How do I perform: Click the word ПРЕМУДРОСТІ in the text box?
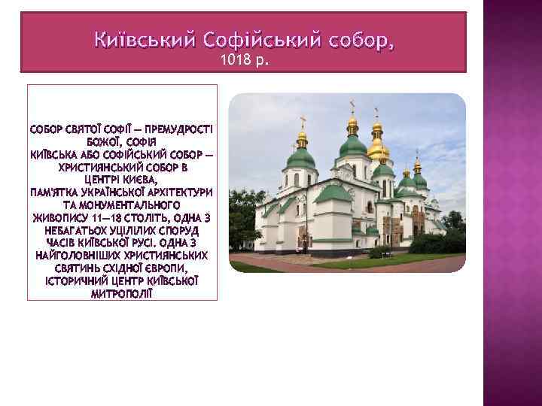click(x=178, y=129)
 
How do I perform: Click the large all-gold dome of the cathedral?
click(x=376, y=146)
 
